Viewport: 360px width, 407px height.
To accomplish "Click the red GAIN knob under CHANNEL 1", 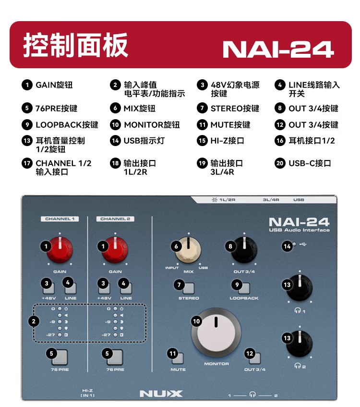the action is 60,250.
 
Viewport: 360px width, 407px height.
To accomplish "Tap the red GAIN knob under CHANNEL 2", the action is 115,250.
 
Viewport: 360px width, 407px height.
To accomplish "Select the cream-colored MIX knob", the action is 188,250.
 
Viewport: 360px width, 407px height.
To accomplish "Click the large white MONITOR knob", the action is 216,333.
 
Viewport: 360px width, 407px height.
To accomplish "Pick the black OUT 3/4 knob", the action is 244,250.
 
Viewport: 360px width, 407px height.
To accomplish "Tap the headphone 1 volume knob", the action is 300,288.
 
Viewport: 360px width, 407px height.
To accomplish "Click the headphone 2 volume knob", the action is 300,343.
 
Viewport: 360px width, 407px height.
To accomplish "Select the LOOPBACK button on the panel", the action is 244,288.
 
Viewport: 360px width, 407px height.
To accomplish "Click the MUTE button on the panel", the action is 178,358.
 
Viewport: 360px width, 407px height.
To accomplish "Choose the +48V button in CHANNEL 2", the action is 104,288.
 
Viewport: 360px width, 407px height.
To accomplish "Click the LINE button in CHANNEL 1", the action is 71,288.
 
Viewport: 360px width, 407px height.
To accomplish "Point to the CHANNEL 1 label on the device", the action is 60,219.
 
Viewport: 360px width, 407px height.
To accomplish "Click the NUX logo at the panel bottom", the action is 161,394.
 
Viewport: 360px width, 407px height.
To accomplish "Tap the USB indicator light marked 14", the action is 294,244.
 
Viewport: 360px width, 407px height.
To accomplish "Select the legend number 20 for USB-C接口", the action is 280,163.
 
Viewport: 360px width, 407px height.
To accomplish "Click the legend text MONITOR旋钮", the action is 152,125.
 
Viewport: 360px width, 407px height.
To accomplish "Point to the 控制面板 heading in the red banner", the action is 76,45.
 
